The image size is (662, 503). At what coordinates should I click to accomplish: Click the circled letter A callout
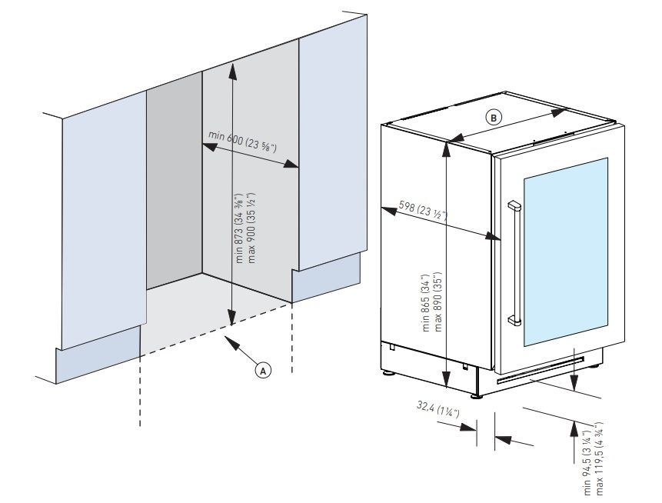point(263,370)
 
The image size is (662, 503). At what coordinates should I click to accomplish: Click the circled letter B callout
point(493,117)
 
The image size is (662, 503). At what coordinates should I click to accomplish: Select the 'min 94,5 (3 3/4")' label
point(588,465)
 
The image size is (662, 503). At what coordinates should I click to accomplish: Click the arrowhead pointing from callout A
point(230,338)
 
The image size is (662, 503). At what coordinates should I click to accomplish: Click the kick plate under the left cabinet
point(95,361)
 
